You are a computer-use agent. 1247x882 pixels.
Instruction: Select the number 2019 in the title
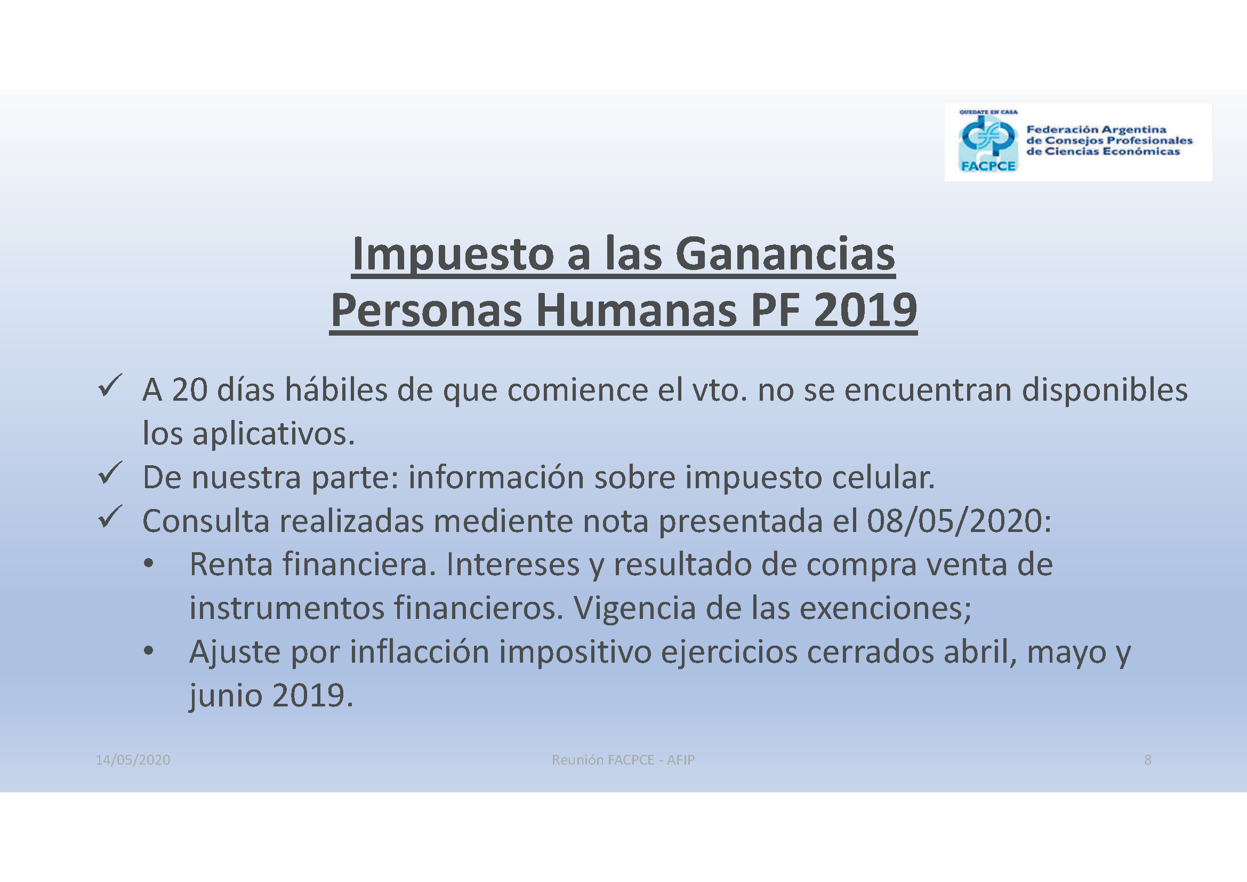[865, 311]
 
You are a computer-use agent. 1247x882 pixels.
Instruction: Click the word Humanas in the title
[636, 311]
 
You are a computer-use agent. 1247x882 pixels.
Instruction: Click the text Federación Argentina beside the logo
[1096, 129]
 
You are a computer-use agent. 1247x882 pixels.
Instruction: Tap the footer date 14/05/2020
[133, 760]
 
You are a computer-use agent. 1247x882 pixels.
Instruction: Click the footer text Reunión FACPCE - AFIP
[623, 760]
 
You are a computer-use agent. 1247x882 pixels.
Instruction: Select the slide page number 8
[1148, 760]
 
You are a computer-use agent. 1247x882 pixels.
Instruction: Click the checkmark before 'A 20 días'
[110, 386]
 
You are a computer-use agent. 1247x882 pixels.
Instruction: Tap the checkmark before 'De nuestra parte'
[110, 473]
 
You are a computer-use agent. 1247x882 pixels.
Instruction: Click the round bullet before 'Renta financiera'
[149, 564]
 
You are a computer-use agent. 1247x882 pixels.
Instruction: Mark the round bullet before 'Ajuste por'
[149, 651]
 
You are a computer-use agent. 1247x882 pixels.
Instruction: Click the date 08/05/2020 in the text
[954, 521]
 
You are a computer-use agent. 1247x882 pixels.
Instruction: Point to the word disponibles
[1105, 390]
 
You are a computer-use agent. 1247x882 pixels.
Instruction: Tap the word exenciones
[886, 608]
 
